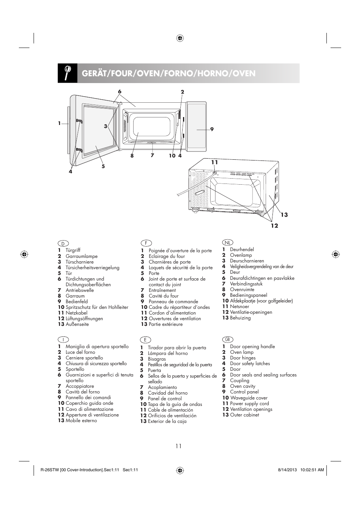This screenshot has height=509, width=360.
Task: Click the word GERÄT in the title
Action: [94, 73]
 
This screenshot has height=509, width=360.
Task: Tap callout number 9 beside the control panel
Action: [212, 129]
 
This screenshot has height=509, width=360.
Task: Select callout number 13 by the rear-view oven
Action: [284, 215]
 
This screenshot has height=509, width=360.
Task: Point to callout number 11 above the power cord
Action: [214, 162]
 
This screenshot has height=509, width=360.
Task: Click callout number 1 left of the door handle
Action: [60, 123]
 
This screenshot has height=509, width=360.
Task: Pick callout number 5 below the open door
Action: [103, 166]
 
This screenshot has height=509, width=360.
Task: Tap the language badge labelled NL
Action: [228, 242]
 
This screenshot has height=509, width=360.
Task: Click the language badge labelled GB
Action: [227, 339]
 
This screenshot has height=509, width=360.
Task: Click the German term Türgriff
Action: [73, 250]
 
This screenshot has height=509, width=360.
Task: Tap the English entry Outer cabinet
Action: [245, 415]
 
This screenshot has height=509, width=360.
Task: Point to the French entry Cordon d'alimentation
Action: [172, 313]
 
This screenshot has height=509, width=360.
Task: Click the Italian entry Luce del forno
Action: [80, 352]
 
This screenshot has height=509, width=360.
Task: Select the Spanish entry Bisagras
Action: [157, 359]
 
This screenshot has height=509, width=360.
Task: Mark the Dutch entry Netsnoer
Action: [240, 307]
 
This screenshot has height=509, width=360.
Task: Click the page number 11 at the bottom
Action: [178, 446]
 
